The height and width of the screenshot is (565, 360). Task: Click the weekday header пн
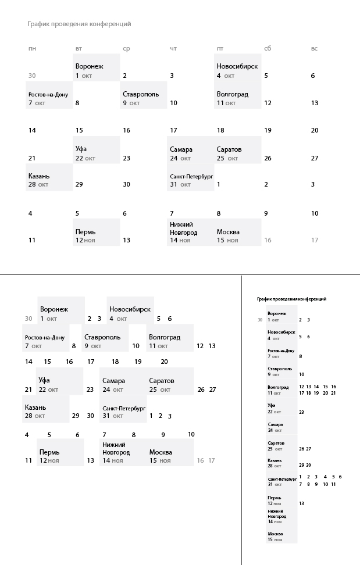click(31, 48)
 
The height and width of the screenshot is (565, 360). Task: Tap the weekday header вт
click(79, 48)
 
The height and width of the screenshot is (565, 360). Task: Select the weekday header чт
click(173, 48)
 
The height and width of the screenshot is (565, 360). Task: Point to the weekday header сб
click(268, 48)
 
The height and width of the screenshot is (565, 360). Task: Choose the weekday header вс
click(314, 48)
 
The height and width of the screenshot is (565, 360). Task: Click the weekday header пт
click(220, 48)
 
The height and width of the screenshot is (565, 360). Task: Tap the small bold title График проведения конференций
click(291, 299)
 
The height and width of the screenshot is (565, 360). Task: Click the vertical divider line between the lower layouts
click(241, 419)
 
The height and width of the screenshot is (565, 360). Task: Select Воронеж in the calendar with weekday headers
click(89, 66)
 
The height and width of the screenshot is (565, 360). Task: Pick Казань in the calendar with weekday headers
click(39, 176)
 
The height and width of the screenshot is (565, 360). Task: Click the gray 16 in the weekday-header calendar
click(268, 240)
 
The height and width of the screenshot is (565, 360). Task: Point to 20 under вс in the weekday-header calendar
click(315, 130)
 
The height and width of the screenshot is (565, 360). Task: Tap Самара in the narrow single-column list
click(275, 424)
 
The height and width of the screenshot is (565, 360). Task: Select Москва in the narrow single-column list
click(275, 534)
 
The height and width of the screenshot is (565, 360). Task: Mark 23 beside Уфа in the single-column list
click(301, 412)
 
